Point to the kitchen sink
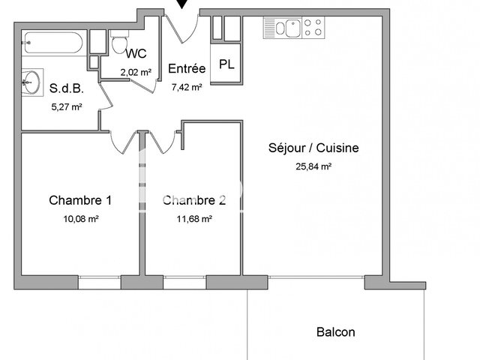(286, 29)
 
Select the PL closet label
(226, 64)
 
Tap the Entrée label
(187, 68)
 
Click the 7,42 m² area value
(187, 87)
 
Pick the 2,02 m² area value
(136, 72)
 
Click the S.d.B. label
(66, 88)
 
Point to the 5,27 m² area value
(66, 106)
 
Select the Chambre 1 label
(80, 200)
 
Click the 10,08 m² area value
(81, 219)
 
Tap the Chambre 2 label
(194, 200)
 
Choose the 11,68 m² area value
(193, 219)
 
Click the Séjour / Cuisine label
(313, 148)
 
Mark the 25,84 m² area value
(313, 166)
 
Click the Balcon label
(335, 332)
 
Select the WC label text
(136, 53)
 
